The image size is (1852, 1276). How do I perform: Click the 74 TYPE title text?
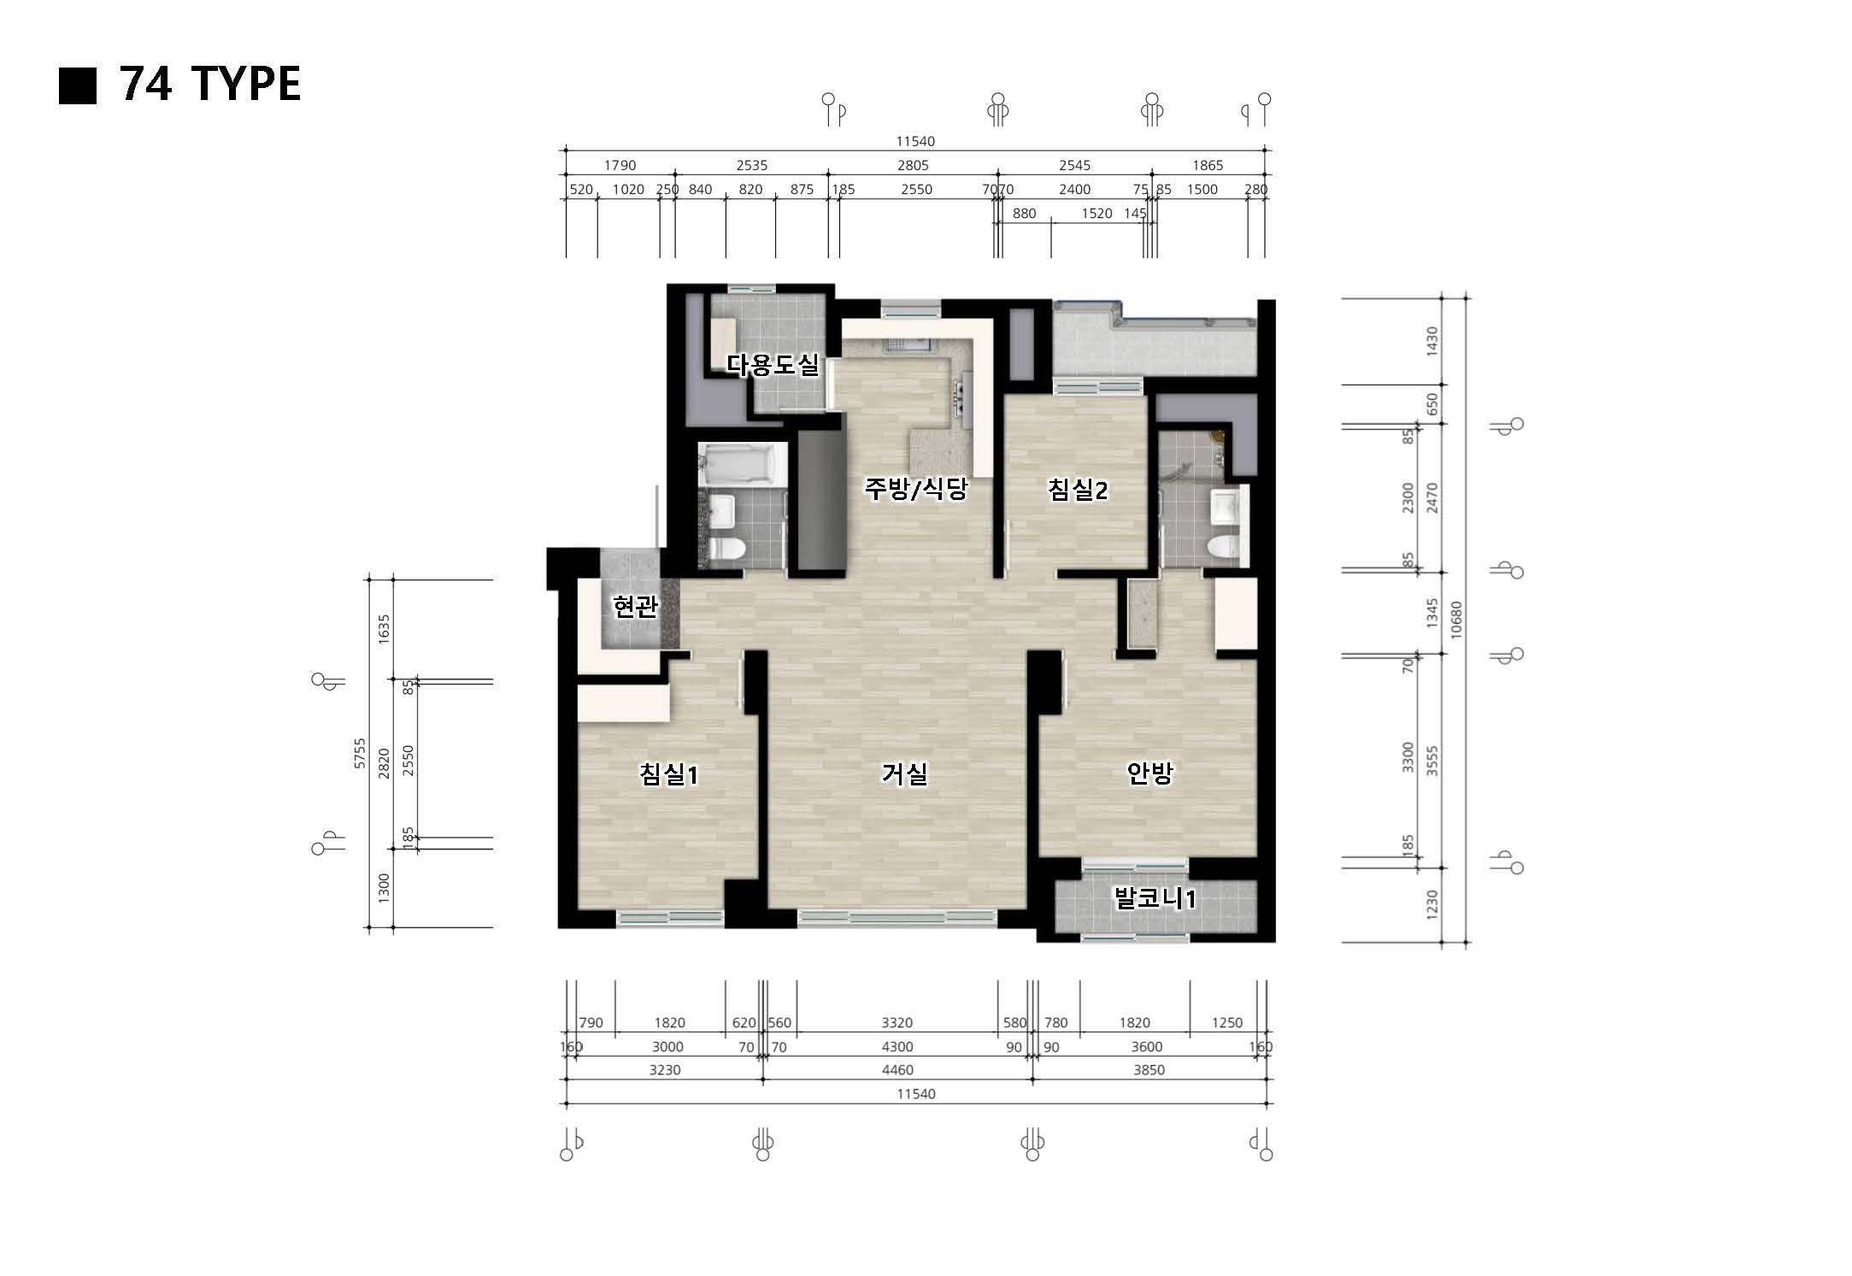coord(210,84)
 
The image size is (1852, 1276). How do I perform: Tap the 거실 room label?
coord(904,773)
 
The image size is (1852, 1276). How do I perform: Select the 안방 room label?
coord(1149,773)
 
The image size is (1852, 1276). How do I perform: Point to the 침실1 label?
coord(669,774)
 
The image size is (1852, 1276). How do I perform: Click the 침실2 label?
coord(1078,490)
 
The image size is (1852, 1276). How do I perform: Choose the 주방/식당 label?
coord(915,489)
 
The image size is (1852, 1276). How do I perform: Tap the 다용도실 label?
coord(773,365)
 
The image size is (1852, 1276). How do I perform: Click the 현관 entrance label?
coord(636,607)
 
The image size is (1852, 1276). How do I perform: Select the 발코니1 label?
coord(1155,898)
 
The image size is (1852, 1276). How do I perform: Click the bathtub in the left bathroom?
coord(742,464)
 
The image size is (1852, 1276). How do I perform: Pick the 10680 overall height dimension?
coord(1456,620)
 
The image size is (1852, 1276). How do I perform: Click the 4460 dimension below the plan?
coord(897,1070)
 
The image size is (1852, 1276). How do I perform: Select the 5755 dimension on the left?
coord(360,754)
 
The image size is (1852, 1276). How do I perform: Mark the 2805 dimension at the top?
coord(913,166)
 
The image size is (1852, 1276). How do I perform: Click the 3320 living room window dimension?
coord(897,1023)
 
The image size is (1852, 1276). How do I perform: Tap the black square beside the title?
coord(78,85)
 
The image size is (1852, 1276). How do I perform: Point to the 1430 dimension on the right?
coord(1432,341)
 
